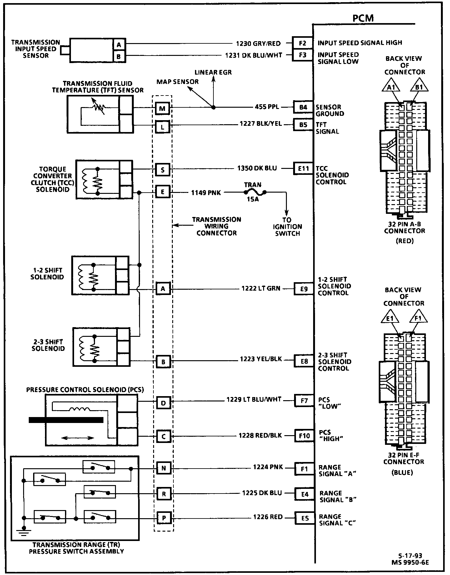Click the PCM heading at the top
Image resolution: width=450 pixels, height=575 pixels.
(363, 18)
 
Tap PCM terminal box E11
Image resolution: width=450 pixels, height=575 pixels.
(303, 169)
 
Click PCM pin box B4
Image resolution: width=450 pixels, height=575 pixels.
(303, 107)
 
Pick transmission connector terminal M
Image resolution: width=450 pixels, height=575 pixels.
(162, 109)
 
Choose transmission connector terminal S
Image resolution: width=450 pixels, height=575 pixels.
(162, 170)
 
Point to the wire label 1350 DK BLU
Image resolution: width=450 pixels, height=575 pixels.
(257, 168)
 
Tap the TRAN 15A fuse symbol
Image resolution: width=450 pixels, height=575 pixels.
(255, 193)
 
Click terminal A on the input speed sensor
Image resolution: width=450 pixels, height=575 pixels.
(119, 45)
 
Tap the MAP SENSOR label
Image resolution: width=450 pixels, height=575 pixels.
(177, 82)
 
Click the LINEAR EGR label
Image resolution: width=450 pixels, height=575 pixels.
(213, 72)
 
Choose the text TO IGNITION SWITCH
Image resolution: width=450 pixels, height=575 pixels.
(287, 227)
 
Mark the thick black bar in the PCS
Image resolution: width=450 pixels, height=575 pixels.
(66, 420)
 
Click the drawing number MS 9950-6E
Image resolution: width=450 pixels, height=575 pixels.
(410, 563)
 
